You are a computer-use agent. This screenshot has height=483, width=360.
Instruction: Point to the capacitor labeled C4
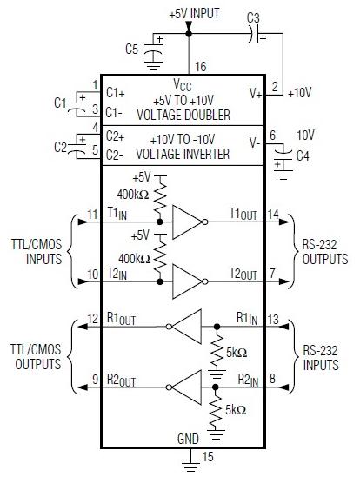pos(280,161)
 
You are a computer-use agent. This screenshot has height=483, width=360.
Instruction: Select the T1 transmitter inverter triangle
pos(185,222)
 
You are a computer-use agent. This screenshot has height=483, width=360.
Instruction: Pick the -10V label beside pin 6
pos(303,135)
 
